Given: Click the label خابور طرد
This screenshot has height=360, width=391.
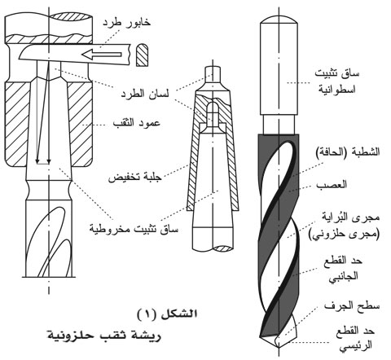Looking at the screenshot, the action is tap(126, 23).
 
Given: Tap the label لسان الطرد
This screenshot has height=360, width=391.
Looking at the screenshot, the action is tap(144, 94).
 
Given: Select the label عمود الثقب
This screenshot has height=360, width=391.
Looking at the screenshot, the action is tap(136, 124).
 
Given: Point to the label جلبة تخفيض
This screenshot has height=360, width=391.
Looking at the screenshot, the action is tap(134, 178).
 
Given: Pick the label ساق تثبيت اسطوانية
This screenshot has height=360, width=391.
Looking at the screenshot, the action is tap(337, 81).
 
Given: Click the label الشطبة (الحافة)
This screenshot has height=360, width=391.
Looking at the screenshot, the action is tap(348, 152).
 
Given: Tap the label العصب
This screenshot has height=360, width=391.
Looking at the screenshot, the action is tap(332, 185).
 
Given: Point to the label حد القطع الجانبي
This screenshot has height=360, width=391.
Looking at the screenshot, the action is tap(343, 269).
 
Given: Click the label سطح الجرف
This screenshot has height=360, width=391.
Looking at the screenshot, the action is tap(352, 306).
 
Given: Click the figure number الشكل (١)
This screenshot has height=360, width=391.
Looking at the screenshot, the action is tap(167, 314).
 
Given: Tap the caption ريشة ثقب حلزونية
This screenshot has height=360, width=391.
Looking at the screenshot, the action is tap(104, 336).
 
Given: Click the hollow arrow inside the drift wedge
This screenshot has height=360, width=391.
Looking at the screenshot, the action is tap(102, 55).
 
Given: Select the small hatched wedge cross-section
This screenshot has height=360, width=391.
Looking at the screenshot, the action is tap(143, 55).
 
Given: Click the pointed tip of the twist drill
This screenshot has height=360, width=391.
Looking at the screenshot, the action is tap(279, 348).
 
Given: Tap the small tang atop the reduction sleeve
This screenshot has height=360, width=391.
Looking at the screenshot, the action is tap(213, 75).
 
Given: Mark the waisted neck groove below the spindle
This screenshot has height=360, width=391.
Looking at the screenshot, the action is tap(49, 190).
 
